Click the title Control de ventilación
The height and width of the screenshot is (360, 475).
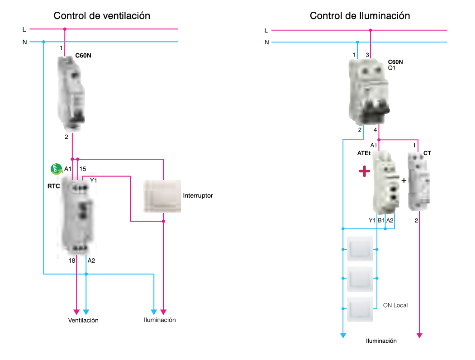[102, 16]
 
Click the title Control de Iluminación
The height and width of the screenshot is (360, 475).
[360, 16]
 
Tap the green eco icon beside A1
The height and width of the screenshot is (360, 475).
[55, 169]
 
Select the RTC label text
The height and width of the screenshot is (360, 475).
[54, 186]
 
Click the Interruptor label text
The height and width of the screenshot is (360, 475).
[198, 196]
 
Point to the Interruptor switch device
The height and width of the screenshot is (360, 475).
[162, 196]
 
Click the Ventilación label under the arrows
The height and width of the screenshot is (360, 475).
[83, 320]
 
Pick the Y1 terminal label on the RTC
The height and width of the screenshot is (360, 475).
[93, 180]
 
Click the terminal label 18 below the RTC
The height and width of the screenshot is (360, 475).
[72, 261]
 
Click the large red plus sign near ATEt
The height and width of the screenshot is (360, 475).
[364, 171]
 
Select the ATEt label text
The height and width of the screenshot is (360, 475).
[364, 153]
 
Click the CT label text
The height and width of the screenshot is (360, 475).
[427, 153]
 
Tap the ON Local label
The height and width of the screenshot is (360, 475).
[395, 305]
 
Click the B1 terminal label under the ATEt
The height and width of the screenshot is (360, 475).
[381, 220]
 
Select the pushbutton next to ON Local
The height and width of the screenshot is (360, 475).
[360, 309]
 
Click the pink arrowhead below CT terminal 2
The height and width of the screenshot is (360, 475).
[419, 335]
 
